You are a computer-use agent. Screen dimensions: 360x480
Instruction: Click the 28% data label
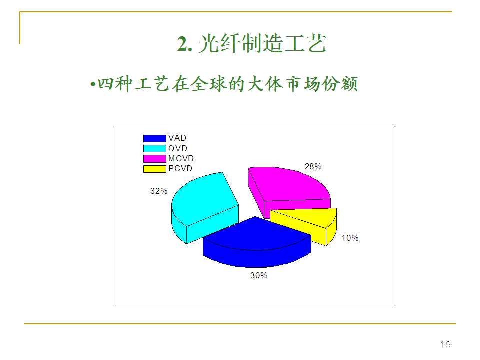pyautogui.click(x=313, y=167)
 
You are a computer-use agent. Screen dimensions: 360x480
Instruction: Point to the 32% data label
pyautogui.click(x=159, y=191)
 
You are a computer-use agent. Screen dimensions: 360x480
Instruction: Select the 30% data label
pyautogui.click(x=259, y=275)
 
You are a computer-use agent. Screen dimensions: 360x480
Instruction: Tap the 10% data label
pyautogui.click(x=350, y=238)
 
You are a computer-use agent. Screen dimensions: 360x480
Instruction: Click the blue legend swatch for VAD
pyautogui.click(x=154, y=138)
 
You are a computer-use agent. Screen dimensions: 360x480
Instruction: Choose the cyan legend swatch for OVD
pyautogui.click(x=154, y=148)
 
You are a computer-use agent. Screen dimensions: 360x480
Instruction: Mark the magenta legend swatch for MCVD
pyautogui.click(x=154, y=158)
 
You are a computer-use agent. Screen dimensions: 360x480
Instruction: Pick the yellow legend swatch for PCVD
pyautogui.click(x=154, y=168)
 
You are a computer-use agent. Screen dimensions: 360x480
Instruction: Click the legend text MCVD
pyautogui.click(x=181, y=158)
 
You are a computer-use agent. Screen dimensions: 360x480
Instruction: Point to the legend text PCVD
pyautogui.click(x=180, y=168)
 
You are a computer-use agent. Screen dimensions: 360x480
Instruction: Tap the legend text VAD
pyautogui.click(x=177, y=138)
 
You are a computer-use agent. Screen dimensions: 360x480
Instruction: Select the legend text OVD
pyautogui.click(x=177, y=148)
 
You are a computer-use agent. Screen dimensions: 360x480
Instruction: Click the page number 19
pyautogui.click(x=445, y=344)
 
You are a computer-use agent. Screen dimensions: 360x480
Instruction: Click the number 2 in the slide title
pyautogui.click(x=183, y=45)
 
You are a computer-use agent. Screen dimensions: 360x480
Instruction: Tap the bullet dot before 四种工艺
pyautogui.click(x=93, y=84)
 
